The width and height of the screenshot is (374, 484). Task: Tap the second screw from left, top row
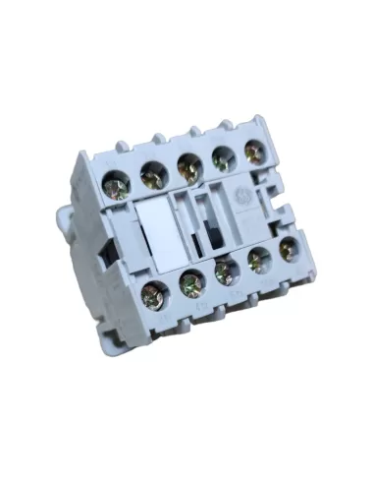tap(152, 176)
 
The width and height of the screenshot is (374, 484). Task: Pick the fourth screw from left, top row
tap(225, 157)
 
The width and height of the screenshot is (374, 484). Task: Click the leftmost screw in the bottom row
tap(153, 292)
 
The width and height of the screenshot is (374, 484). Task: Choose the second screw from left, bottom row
tap(190, 284)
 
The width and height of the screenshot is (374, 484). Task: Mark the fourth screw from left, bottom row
tap(258, 260)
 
